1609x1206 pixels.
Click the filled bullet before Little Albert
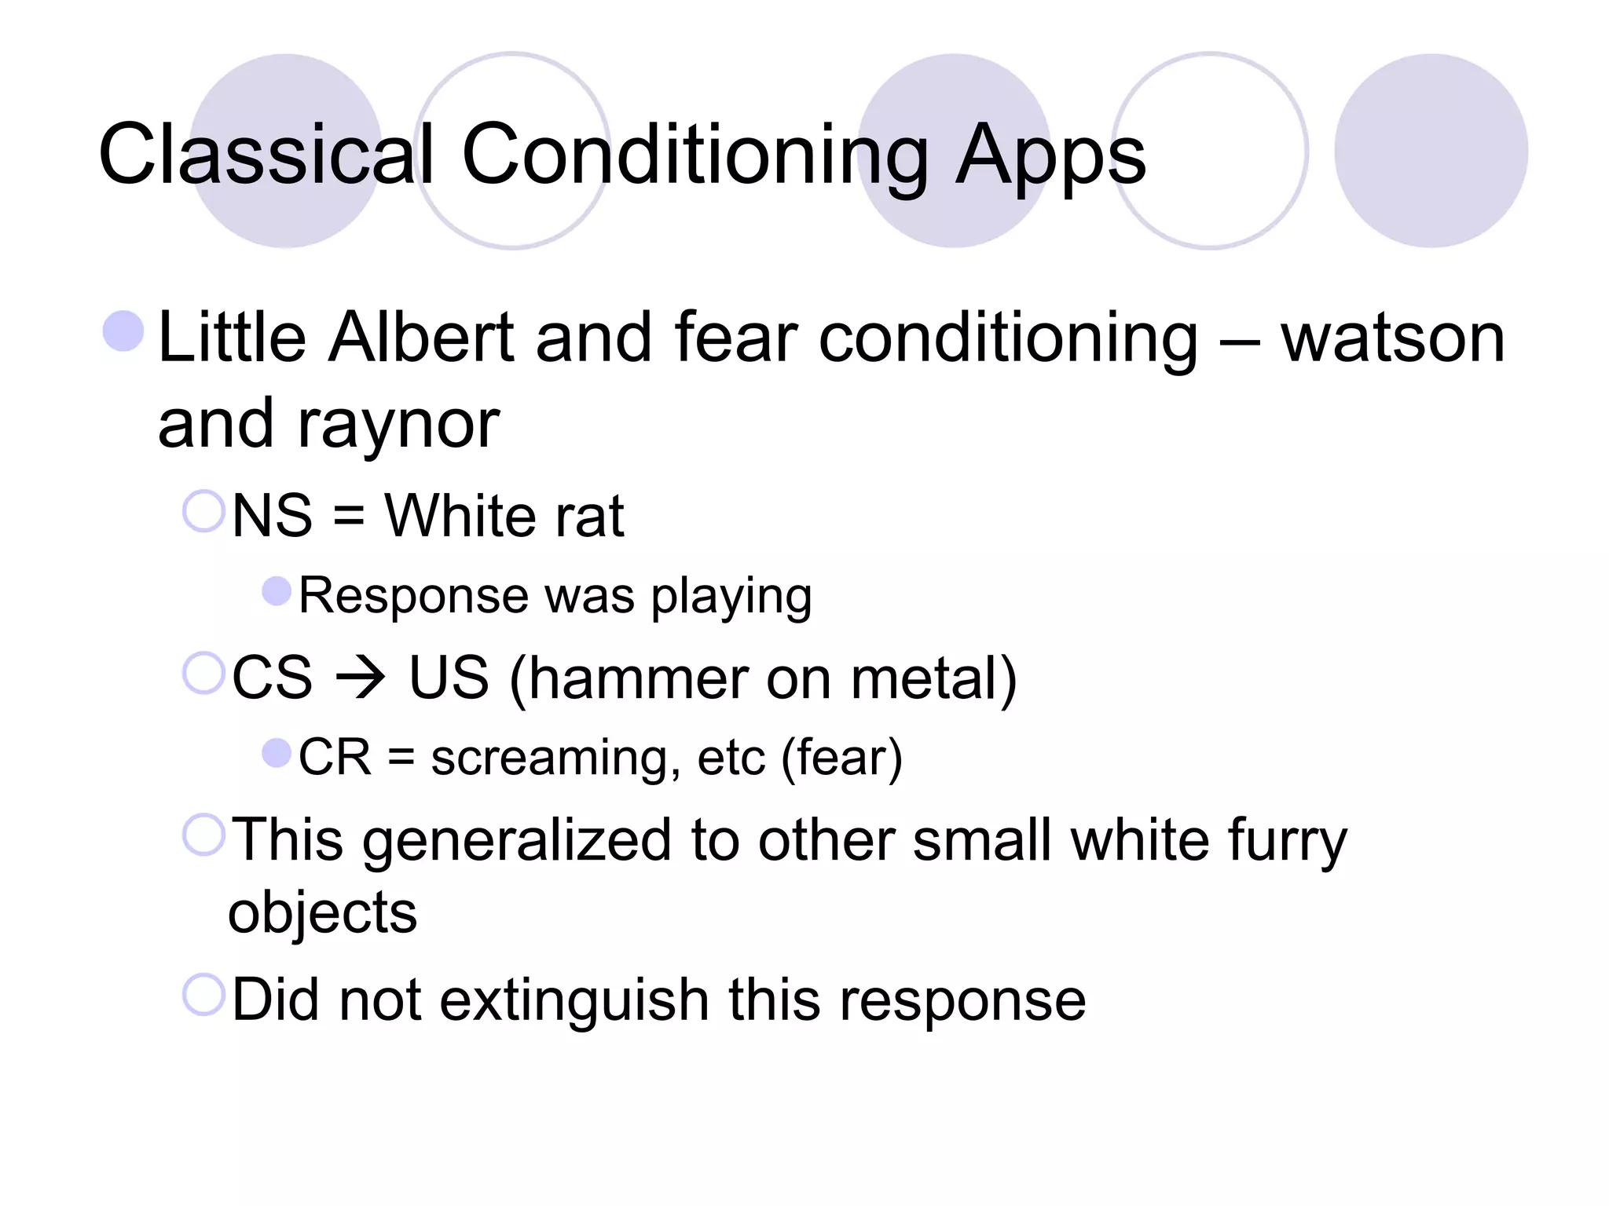click(123, 331)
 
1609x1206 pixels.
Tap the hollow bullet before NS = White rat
click(203, 511)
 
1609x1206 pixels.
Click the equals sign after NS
click(349, 517)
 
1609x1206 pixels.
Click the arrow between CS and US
click(361, 678)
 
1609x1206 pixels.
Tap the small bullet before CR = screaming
click(276, 753)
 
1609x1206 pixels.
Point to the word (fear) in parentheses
click(841, 758)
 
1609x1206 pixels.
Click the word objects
click(322, 914)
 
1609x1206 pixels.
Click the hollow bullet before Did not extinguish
click(203, 994)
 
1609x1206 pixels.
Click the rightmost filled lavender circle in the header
click(1430, 151)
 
